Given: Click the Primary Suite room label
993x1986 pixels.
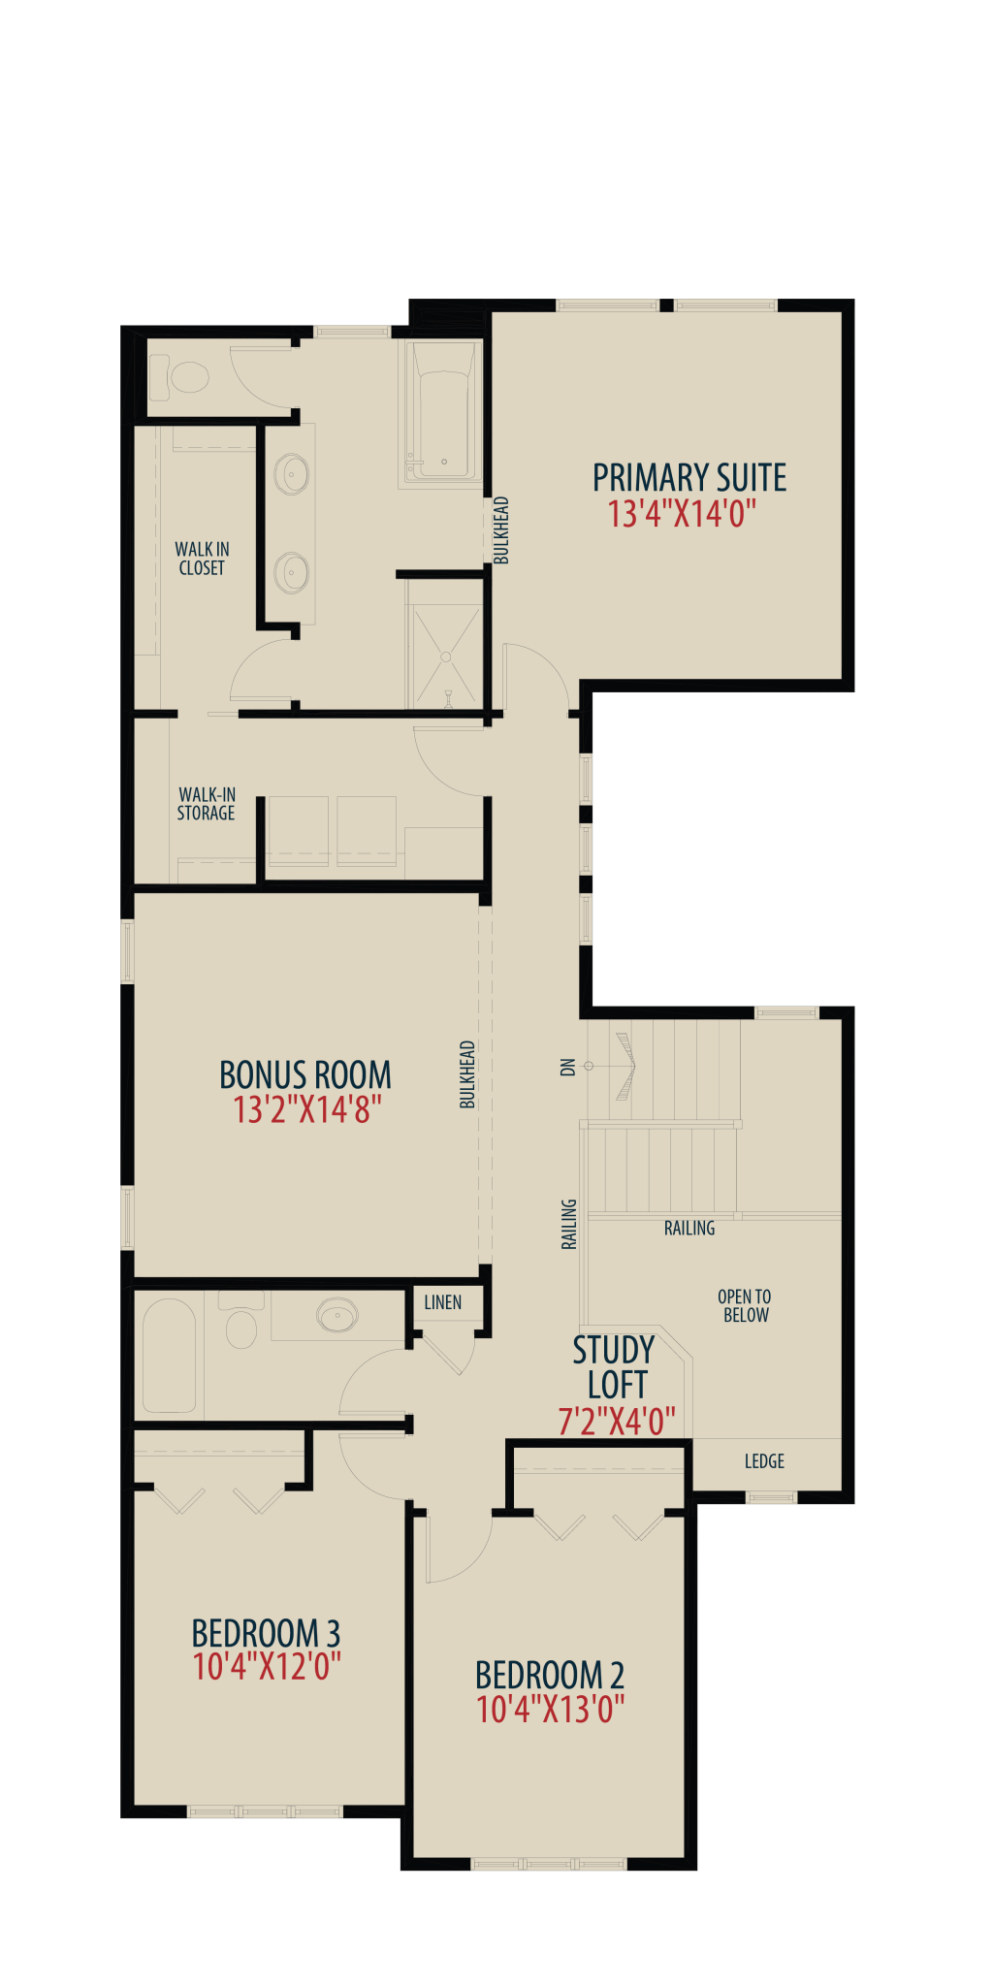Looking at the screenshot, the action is pos(689,478).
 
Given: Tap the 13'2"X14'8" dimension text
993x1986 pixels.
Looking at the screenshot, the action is pos(307,1109).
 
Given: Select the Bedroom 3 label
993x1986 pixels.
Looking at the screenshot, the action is pos(266,1633).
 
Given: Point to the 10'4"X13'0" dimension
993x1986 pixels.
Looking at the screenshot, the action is pos(551,1709).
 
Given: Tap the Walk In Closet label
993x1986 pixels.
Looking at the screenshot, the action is pos(202,559).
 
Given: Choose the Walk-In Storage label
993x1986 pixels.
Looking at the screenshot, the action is pos(206,804).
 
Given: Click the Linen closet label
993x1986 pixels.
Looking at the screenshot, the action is pos(443,1302).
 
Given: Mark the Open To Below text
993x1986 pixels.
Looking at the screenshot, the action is pos(745,1306).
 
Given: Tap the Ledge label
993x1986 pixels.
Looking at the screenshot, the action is pos(764,1461).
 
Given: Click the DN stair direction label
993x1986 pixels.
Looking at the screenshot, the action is pos(568,1067).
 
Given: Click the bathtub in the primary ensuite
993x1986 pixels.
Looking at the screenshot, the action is pos(444,411).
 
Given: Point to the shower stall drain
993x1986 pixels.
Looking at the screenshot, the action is pos(446,657).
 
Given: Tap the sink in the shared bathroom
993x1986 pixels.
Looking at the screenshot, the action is pos(336,1315).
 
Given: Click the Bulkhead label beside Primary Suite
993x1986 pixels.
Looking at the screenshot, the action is pos(501,529).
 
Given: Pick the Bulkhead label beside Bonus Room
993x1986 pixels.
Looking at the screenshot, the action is pos(467,1074).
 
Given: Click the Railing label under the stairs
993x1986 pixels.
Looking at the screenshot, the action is pos(689,1229).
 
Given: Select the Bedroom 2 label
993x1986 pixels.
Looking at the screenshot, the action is pos(550,1675).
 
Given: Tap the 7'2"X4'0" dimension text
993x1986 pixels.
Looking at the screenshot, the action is pos(617,1422).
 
